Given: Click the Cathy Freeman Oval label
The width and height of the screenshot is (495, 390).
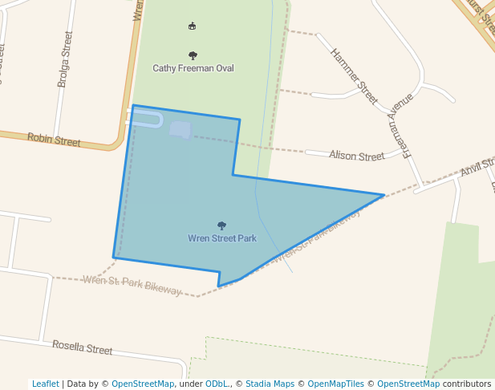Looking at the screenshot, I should click(193, 68).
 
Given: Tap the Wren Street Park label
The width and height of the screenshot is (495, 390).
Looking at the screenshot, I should click(222, 238).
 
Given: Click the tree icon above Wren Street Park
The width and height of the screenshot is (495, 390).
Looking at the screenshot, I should click(222, 226).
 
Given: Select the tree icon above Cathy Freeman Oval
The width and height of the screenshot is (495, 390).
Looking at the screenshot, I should click(193, 55).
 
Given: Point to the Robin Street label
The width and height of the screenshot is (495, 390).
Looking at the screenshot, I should click(54, 140).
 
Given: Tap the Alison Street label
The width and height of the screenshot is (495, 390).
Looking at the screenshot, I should click(356, 156).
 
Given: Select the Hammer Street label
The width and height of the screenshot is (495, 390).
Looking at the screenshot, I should click(354, 75).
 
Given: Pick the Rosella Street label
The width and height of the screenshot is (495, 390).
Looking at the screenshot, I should click(83, 348).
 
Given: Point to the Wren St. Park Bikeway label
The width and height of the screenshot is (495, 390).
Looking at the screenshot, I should click(132, 285).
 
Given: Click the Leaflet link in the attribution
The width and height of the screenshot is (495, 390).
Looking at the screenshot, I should click(46, 384).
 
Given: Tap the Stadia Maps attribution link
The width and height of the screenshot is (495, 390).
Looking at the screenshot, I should click(269, 384).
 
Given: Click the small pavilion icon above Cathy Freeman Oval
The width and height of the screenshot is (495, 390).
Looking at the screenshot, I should click(192, 26).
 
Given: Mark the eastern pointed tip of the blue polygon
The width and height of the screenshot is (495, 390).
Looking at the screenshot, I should click(383, 195).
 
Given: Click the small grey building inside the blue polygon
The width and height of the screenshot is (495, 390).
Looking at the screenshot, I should click(181, 130).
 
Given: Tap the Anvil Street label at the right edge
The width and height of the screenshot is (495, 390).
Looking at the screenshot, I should click(478, 167).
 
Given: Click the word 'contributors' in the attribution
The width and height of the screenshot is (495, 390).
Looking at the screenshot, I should click(466, 384).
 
